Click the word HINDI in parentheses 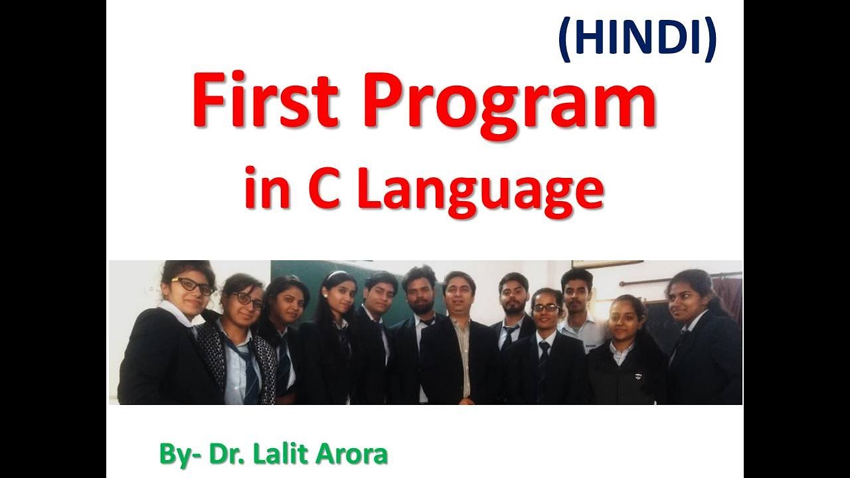(637, 39)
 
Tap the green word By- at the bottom (179, 455)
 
